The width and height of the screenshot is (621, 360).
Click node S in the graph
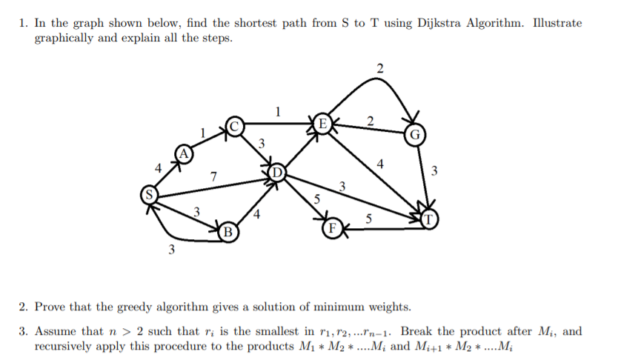pos(150,196)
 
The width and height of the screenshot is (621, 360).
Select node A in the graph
pos(183,153)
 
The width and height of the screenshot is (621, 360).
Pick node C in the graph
pos(234,126)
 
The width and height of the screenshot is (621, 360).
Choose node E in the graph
pos(322,123)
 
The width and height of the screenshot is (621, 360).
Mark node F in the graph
pos(331,228)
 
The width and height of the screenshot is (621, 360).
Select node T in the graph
pos(431,220)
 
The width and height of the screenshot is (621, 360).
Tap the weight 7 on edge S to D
pos(213,176)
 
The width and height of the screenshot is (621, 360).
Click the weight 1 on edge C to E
pos(278,112)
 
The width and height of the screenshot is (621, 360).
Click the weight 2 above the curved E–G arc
pos(379,69)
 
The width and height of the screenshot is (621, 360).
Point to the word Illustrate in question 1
pos(556,23)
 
